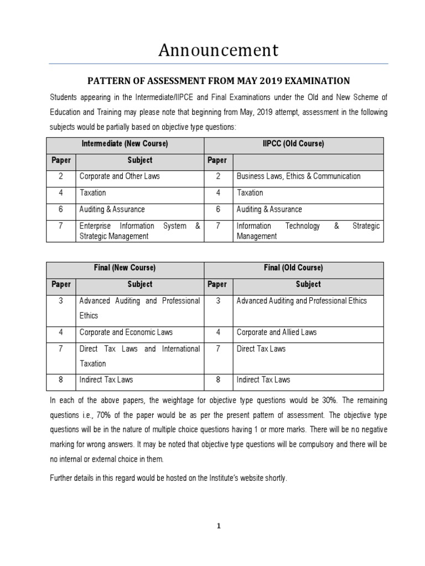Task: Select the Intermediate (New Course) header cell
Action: pos(125,144)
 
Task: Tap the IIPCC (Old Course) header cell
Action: pos(293,144)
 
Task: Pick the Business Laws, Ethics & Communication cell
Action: pos(298,176)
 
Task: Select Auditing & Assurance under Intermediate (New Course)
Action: pos(112,209)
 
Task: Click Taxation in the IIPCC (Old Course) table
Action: pos(250,193)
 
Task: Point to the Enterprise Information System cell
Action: pos(139,231)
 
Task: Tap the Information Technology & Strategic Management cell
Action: pos(308,231)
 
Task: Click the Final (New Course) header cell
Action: pos(125,268)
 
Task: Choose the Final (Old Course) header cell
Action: pos(293,268)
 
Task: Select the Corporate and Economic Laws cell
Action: pos(126,332)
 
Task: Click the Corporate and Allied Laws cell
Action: pos(277,332)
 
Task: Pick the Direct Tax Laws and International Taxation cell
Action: pos(139,356)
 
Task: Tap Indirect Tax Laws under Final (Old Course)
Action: pos(263,380)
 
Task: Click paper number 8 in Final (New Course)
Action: pos(61,380)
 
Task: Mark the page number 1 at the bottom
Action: pos(218,526)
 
